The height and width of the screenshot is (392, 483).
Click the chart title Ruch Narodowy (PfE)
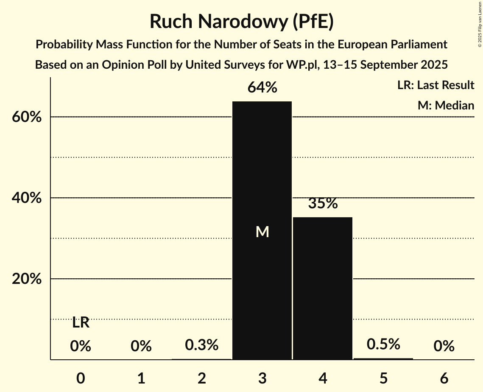tap(241, 22)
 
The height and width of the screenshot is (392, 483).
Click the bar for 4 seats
tap(323, 288)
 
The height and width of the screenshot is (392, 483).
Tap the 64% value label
tap(262, 88)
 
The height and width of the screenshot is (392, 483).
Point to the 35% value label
tap(323, 204)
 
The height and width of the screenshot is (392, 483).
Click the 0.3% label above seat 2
tap(202, 345)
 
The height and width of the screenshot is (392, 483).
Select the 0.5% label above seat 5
tap(383, 344)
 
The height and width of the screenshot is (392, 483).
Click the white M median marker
tap(262, 232)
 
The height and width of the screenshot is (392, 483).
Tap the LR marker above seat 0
tap(81, 323)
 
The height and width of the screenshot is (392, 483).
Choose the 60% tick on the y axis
tap(27, 117)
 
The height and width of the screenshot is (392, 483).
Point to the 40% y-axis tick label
tap(27, 198)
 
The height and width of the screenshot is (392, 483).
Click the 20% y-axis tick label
tap(27, 279)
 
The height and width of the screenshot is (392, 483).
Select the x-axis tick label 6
tap(444, 378)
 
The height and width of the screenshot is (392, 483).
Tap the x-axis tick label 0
tap(81, 378)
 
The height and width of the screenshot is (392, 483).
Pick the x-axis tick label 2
tap(202, 378)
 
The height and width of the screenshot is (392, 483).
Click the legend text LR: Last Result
tap(436, 85)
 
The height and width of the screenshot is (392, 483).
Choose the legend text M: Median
tap(446, 105)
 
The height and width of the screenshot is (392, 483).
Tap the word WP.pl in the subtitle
tap(298, 65)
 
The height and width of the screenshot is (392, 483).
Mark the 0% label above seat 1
tap(141, 347)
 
